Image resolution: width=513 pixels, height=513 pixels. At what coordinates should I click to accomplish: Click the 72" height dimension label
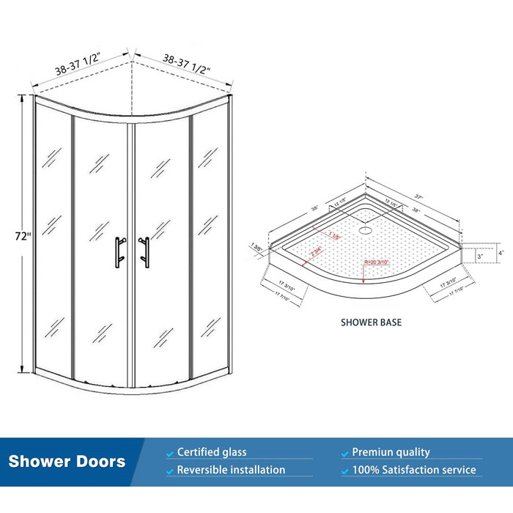[23, 237]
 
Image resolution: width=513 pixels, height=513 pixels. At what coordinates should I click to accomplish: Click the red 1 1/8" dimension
[334, 237]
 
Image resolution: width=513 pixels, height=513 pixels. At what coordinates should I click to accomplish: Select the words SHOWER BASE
[371, 322]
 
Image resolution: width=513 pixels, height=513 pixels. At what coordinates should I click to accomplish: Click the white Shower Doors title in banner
[67, 462]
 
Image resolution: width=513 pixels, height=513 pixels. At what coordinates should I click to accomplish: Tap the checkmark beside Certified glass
[170, 453]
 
